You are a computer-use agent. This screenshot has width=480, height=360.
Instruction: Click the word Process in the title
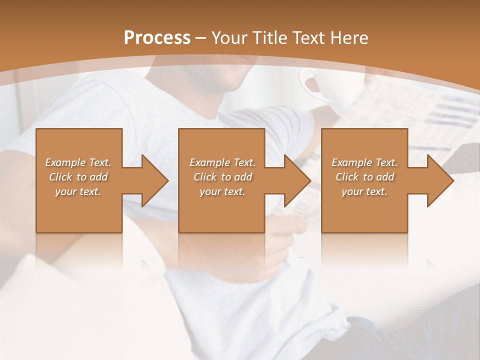pos(157,38)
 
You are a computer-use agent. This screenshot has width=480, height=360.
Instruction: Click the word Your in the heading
pos(230,38)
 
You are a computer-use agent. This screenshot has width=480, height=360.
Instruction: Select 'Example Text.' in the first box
pos(78,162)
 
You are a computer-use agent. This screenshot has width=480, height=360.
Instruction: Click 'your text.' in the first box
pos(78,191)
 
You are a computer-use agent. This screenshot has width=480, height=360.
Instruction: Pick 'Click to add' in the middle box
pos(222,177)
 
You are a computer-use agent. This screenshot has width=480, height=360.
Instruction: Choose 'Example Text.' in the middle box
pos(222,162)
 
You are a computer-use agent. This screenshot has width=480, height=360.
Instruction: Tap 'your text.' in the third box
pos(364,191)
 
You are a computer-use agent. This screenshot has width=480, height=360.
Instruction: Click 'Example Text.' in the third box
pos(364,162)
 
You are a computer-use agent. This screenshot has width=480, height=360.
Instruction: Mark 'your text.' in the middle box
pos(222,191)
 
